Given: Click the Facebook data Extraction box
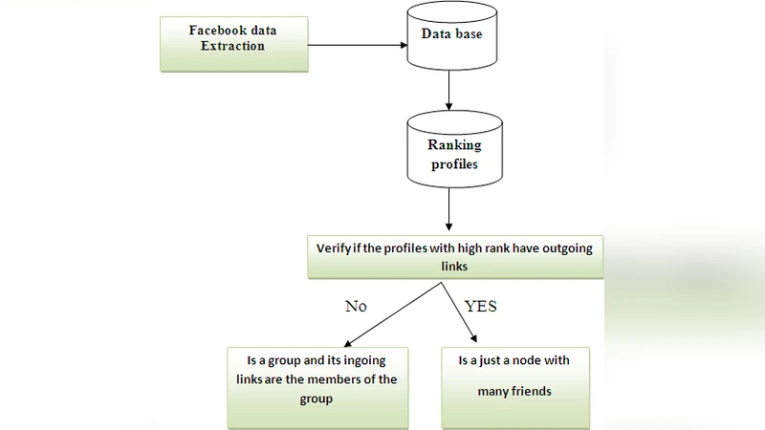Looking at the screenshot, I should coord(233,44).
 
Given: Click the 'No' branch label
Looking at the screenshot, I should coord(356,308).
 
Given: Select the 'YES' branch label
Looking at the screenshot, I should coord(480,308).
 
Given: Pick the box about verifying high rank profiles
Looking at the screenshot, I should coord(454,256).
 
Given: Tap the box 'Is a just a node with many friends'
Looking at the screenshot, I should coord(514,387).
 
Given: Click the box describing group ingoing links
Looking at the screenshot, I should coord(317,387).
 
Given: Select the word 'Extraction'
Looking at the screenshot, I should coord(232,46).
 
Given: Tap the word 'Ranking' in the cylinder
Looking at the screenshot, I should coord(454,145).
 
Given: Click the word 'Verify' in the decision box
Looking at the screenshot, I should coord(334,248).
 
